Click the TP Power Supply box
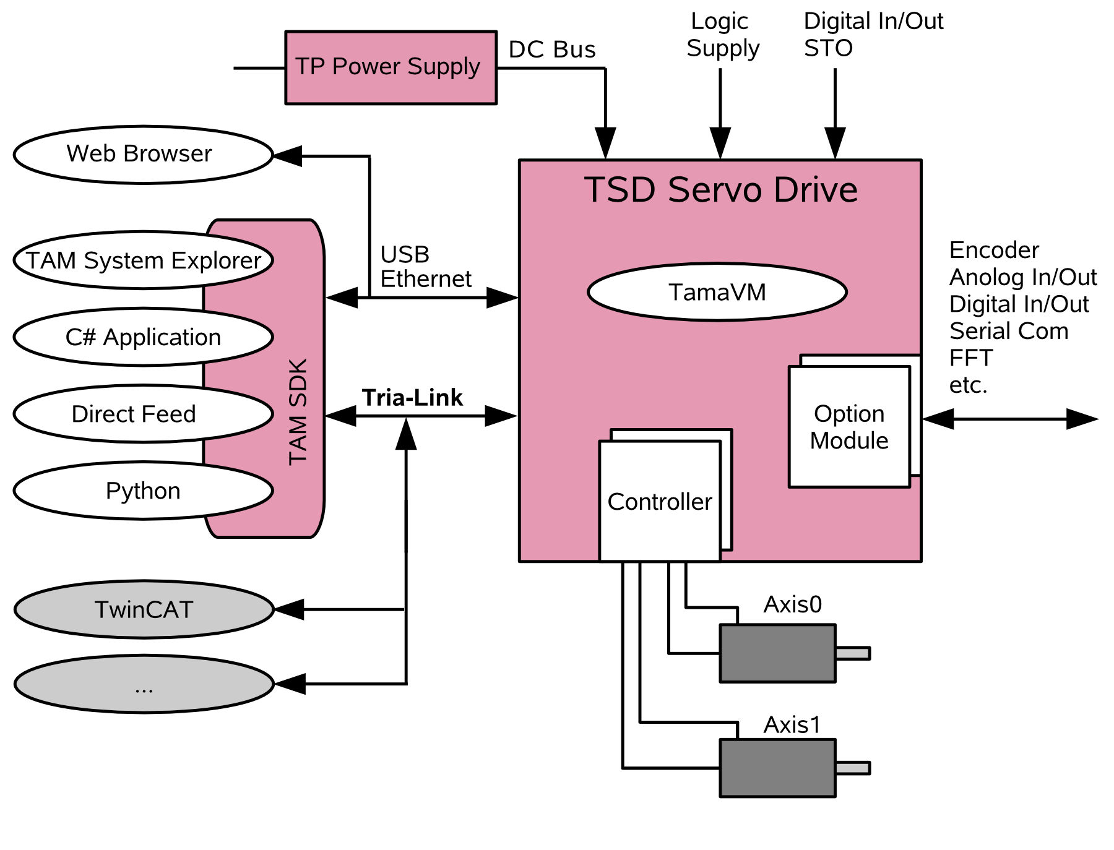pos(391,67)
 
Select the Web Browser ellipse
pos(143,155)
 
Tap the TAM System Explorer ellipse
pos(143,260)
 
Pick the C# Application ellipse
pos(143,337)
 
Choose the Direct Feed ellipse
pos(143,414)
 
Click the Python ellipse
pos(143,491)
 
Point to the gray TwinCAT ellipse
pos(144,609)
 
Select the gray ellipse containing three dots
pos(144,684)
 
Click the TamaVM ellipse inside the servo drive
pos(717,292)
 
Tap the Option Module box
pos(848,427)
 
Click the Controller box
pos(660,501)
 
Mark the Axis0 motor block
pos(777,653)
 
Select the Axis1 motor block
pos(777,768)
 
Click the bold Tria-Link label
pos(412,398)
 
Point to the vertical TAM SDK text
pos(298,412)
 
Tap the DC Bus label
pos(552,49)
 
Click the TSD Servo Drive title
pos(720,189)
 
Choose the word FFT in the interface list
pos(970,358)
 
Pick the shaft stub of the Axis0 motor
pos(853,653)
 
